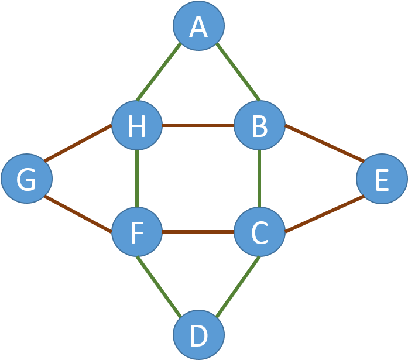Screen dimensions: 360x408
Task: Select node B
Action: (259, 125)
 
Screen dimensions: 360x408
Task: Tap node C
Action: (259, 232)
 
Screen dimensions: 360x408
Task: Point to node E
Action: (382, 179)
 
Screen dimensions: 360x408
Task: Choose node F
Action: (136, 232)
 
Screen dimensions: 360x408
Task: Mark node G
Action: (26, 179)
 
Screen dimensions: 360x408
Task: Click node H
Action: (136, 125)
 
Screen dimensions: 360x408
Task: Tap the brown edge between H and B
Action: (198, 125)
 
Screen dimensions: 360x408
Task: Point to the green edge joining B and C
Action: (259, 179)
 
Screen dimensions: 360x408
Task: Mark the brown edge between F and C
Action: (198, 232)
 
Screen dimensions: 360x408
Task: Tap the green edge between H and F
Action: (136, 179)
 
